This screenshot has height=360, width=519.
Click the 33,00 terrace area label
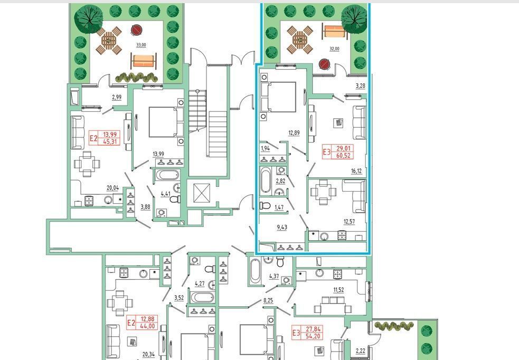pos(141,45)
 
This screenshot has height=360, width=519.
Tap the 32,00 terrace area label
pos(334,49)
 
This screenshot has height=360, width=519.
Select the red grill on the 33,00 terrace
pos(136,30)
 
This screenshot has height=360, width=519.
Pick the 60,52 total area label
pos(343,155)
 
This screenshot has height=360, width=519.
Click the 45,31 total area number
pos(111,141)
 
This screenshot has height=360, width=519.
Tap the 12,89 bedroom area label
pos(294,133)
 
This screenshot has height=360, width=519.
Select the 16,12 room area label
pos(356,171)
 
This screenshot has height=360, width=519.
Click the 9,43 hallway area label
pos(282,228)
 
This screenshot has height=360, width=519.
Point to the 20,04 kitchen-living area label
pos(112,188)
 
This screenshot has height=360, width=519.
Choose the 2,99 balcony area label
pos(117,97)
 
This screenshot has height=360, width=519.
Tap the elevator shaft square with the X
pos(202,193)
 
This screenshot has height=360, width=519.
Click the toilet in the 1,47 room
pos(266,206)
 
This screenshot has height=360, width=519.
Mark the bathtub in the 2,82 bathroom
pos(266,180)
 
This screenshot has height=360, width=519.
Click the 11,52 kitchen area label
pos(338,290)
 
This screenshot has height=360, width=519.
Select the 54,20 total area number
pos(313,336)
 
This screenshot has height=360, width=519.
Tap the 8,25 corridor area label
pos(268,301)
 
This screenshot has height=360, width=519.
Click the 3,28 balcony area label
pos(361,86)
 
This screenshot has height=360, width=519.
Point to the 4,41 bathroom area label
pos(165,194)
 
